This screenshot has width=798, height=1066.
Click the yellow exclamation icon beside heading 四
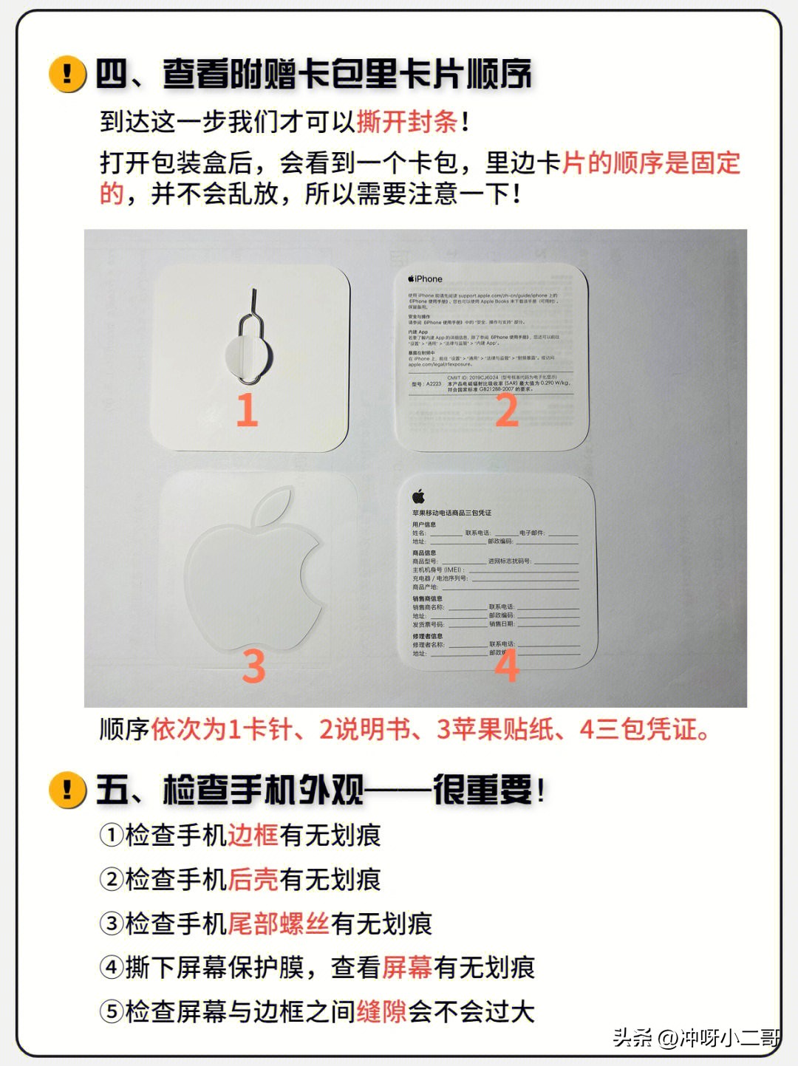[67, 74]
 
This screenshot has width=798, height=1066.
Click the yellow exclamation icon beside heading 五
[67, 790]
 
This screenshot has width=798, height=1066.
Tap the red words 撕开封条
[407, 122]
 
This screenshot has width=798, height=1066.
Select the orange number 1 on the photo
[247, 410]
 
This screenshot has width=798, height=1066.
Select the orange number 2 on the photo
[506, 410]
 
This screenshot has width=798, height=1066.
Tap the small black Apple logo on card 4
[418, 496]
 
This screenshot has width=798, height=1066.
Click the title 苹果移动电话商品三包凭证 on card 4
[451, 513]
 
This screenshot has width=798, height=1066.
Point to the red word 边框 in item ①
[253, 836]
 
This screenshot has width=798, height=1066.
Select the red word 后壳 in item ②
[253, 880]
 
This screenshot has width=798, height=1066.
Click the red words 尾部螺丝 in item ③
[278, 923]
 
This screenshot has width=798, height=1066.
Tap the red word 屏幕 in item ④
[407, 968]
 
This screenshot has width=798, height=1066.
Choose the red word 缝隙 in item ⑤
[381, 1012]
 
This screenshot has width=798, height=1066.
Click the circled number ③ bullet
[112, 923]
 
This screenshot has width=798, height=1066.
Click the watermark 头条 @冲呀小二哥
[695, 1038]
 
